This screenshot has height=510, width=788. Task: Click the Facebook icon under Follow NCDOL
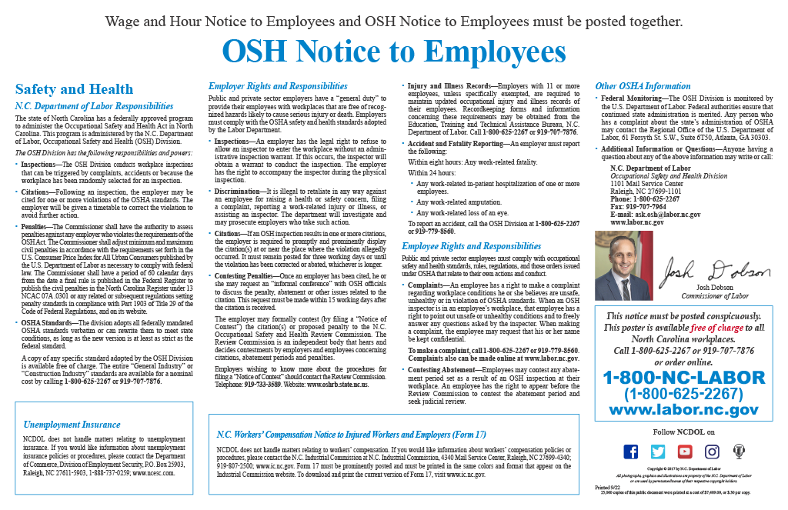(x=631, y=452)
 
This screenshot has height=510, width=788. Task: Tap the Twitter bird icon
(x=658, y=452)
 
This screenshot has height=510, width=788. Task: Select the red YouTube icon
(x=685, y=452)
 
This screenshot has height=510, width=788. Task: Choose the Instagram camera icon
(x=712, y=452)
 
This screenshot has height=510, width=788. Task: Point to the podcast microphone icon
(x=739, y=452)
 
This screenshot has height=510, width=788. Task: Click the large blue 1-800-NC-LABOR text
(x=684, y=378)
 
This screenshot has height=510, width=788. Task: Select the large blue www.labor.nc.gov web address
(x=684, y=410)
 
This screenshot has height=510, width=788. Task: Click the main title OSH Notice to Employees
(x=393, y=52)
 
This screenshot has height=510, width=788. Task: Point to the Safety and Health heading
(x=74, y=89)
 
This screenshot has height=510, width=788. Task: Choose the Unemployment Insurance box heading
(x=72, y=424)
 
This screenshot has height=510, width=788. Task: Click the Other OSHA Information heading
(x=643, y=86)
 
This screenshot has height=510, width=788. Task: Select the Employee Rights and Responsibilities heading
(x=472, y=246)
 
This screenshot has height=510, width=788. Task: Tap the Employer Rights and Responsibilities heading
(x=278, y=86)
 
